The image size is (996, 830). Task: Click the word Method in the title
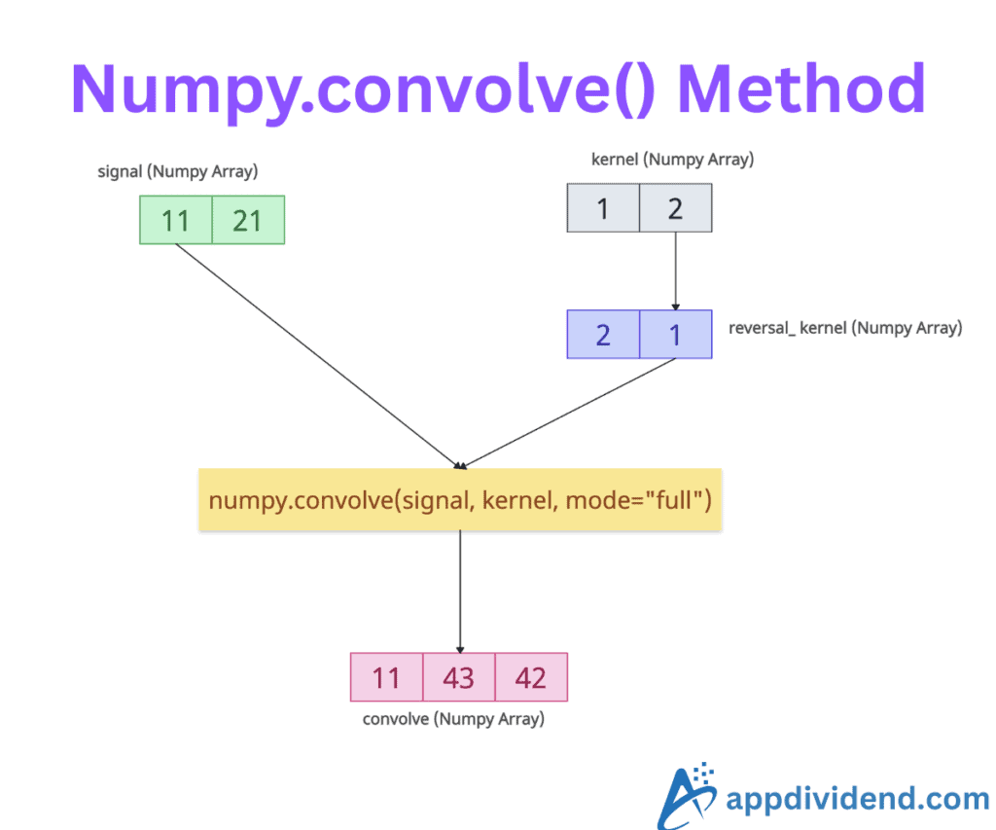pyautogui.click(x=800, y=90)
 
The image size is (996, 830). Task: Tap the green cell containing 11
pyautogui.click(x=176, y=220)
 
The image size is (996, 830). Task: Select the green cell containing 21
pyautogui.click(x=248, y=220)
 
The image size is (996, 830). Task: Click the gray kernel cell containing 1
pyautogui.click(x=603, y=208)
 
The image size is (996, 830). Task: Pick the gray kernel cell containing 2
pyautogui.click(x=675, y=208)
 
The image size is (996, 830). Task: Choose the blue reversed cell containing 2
pyautogui.click(x=603, y=335)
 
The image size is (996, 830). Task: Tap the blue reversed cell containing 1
pyautogui.click(x=675, y=335)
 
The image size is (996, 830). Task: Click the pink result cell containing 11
pyautogui.click(x=386, y=677)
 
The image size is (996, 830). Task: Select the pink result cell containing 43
pyautogui.click(x=458, y=677)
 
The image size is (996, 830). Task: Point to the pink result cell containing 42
pyautogui.click(x=531, y=677)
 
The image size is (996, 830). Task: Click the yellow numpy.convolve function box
pyautogui.click(x=460, y=501)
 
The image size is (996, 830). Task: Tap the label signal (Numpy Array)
pyautogui.click(x=178, y=172)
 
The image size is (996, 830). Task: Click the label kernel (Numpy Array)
pyautogui.click(x=672, y=159)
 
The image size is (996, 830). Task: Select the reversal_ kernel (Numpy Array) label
pyautogui.click(x=845, y=328)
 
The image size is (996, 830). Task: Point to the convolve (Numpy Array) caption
pyautogui.click(x=453, y=720)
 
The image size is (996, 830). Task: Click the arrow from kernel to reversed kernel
pyautogui.click(x=675, y=271)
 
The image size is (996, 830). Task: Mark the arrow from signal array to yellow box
pyautogui.click(x=316, y=355)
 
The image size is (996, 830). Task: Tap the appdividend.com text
pyautogui.click(x=858, y=800)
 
